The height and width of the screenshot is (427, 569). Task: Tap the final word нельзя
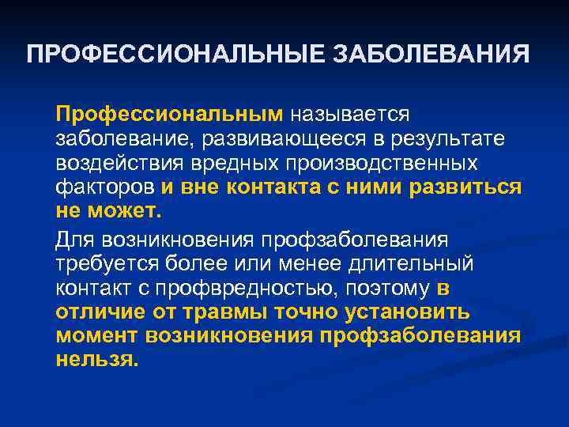pyautogui.click(x=97, y=360)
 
